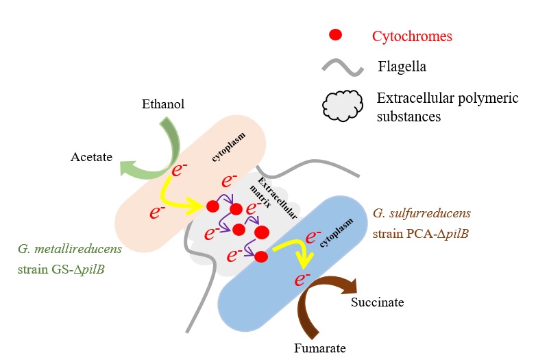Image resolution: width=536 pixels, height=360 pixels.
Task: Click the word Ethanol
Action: (x=164, y=105)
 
